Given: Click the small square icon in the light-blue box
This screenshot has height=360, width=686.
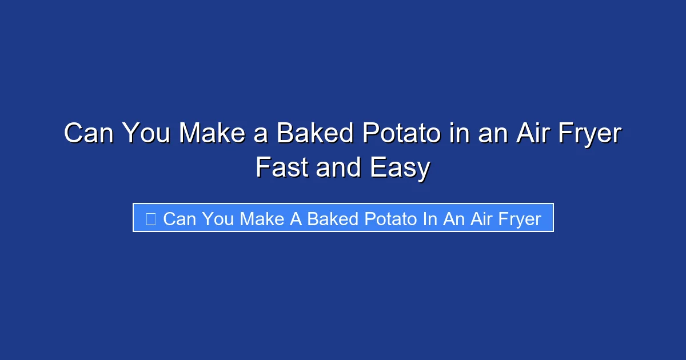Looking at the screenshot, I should pos(151,218).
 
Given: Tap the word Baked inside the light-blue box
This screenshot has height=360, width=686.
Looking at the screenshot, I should pos(333,219).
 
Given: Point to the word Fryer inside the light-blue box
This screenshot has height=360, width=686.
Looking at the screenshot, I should pos(515,219).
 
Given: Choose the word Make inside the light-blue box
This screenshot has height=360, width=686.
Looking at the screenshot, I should pos(262,219).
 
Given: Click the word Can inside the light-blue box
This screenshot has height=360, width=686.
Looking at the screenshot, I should pos(180,219).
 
